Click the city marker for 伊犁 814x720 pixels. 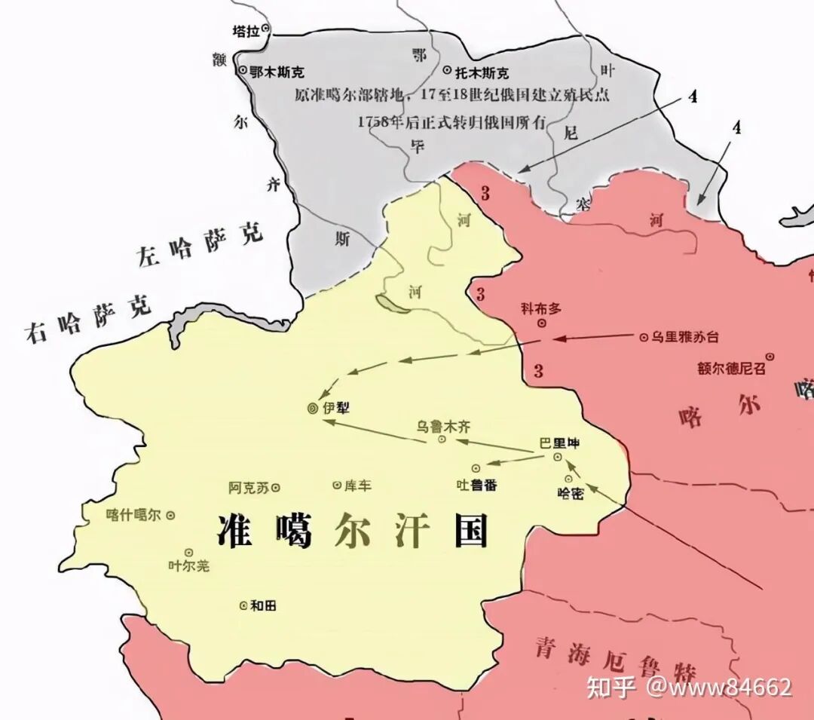tap(312, 408)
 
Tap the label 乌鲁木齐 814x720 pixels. tap(449, 425)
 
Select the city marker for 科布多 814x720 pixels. tap(541, 323)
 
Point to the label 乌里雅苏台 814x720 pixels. tap(684, 337)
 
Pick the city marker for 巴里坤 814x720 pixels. tap(557, 457)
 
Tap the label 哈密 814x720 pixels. tap(570, 493)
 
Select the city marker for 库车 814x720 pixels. tap(336, 486)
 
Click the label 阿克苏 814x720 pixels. tap(248, 488)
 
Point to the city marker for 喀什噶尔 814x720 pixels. tap(170, 515)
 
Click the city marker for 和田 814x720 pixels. tap(243, 605)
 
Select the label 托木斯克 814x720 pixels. tap(482, 73)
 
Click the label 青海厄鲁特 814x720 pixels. tap(614, 659)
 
